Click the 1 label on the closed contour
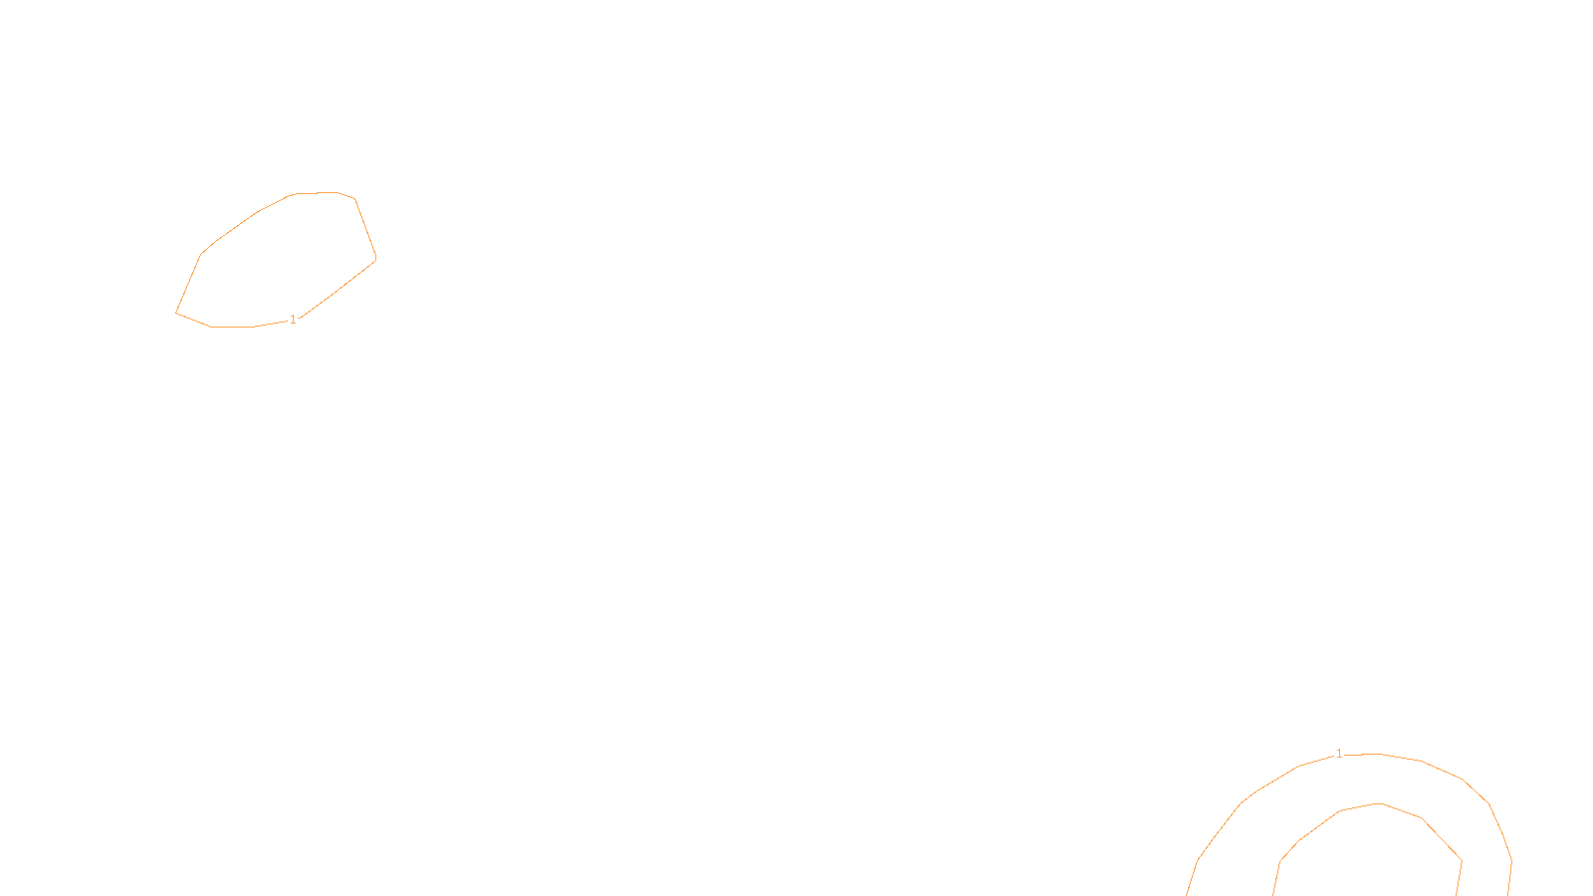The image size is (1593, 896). (293, 320)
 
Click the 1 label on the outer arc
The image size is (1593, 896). (1339, 754)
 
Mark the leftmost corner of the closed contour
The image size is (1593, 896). (176, 313)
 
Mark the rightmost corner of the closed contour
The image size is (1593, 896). (376, 259)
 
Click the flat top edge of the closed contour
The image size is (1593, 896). (317, 193)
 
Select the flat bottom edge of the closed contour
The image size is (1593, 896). (233, 327)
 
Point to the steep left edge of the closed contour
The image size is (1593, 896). (188, 284)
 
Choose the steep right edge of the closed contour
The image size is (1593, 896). (365, 228)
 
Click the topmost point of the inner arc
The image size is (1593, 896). (1380, 803)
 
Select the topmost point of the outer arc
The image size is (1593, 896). (1376, 754)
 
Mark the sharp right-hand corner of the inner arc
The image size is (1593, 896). (1462, 860)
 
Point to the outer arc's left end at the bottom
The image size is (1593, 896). (1188, 893)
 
